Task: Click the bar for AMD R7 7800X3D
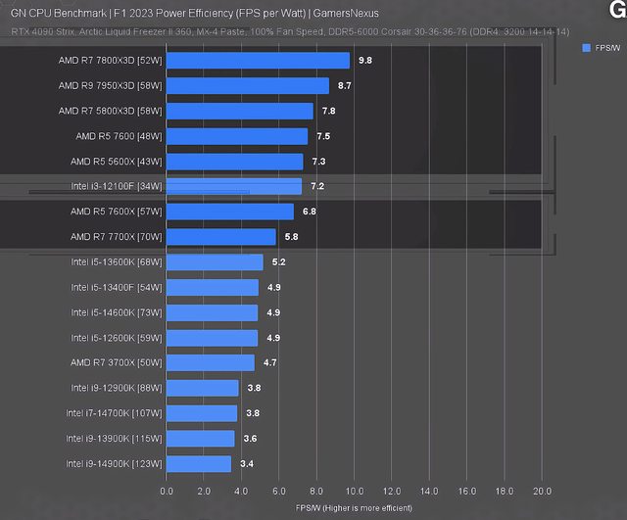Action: (258, 60)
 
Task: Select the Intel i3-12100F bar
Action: (234, 186)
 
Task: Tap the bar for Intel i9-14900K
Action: (199, 463)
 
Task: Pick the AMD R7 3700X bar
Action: (211, 362)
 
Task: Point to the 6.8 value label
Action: (310, 212)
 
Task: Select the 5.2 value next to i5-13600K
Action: (279, 261)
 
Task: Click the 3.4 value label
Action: (246, 463)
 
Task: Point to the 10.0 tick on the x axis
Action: (355, 491)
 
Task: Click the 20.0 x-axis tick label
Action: (542, 491)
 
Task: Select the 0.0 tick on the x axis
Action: (167, 491)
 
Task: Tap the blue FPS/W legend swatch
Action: (586, 47)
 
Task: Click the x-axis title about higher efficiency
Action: (354, 507)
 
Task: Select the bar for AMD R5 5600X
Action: (235, 162)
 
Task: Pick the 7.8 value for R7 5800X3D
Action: (329, 111)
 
